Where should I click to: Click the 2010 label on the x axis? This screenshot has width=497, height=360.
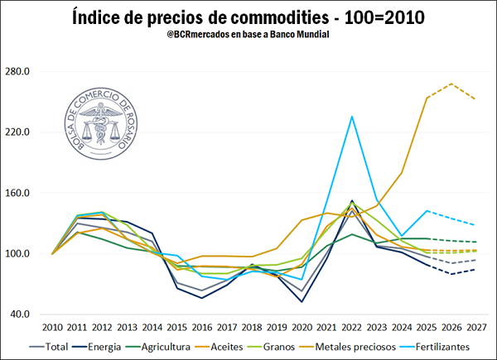pyautogui.click(x=52, y=329)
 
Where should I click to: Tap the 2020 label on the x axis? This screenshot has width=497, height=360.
pyautogui.click(x=302, y=329)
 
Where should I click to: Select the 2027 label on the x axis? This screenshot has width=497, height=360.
pyautogui.click(x=475, y=329)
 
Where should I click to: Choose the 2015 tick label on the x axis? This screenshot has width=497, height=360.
pyautogui.click(x=177, y=329)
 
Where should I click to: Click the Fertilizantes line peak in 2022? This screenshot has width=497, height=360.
pyautogui.click(x=352, y=116)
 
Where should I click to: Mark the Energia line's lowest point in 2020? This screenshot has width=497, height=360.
pyautogui.click(x=302, y=301)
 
